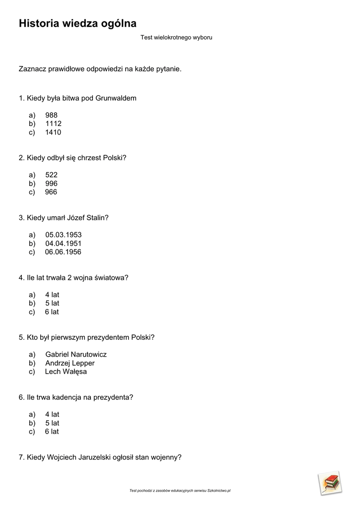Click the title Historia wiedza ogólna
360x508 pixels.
point(77,24)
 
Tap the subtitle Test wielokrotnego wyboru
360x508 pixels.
point(176,37)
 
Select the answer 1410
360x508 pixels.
point(53,132)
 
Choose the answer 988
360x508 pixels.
point(51,115)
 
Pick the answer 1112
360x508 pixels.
point(53,124)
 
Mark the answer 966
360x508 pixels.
point(51,192)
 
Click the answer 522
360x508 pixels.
point(51,175)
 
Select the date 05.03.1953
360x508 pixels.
point(64,235)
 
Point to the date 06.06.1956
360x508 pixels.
point(63,252)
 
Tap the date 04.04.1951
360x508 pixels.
point(64,244)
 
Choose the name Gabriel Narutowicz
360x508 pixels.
point(76,354)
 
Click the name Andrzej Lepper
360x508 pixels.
point(70,363)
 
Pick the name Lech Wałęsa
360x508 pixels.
point(66,372)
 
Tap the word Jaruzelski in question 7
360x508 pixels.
point(95,457)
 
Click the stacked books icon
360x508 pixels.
point(330,483)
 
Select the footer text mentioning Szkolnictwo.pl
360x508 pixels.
point(180,491)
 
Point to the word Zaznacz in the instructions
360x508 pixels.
point(32,69)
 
